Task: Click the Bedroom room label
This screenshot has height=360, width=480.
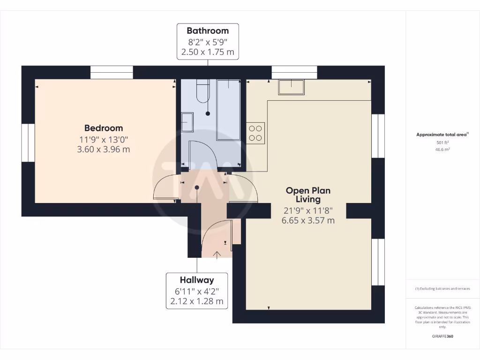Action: point(104,128)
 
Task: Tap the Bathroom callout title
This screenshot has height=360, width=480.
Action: point(208,31)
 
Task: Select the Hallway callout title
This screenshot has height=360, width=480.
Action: point(197,280)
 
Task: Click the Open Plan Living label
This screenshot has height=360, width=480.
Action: point(308,195)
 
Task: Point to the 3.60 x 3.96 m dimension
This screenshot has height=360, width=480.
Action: point(104,150)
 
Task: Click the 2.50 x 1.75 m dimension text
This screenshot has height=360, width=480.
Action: point(208,52)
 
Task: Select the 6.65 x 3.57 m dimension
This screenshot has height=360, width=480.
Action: point(308,220)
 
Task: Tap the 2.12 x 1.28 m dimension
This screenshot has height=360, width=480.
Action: point(197,301)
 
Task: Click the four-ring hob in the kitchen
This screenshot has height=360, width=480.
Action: point(255,133)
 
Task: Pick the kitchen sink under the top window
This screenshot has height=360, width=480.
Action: point(291,87)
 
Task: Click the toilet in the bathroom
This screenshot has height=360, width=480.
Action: point(202,91)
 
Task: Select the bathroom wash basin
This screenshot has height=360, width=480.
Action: point(187,122)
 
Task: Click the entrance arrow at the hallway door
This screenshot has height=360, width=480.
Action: point(217,255)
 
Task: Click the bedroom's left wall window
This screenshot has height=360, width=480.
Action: point(28,142)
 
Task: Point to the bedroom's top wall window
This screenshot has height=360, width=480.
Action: point(112,72)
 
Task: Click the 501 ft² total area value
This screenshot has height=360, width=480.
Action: point(443,142)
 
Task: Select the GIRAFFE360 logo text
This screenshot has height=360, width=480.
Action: point(443,336)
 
